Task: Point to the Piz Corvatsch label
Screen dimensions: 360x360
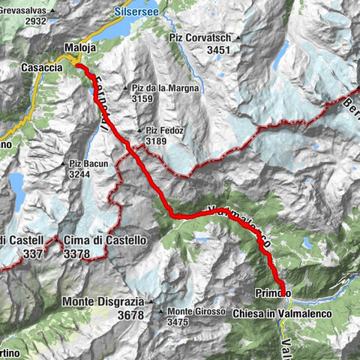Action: click(x=199, y=37)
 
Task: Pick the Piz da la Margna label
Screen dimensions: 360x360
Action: click(x=166, y=87)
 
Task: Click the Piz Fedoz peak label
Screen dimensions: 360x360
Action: click(x=164, y=130)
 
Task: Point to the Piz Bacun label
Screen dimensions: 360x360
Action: click(x=89, y=163)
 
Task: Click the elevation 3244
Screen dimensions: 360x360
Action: click(x=82, y=175)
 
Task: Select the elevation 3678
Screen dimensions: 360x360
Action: click(x=131, y=316)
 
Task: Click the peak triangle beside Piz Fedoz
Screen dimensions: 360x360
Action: click(x=139, y=131)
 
